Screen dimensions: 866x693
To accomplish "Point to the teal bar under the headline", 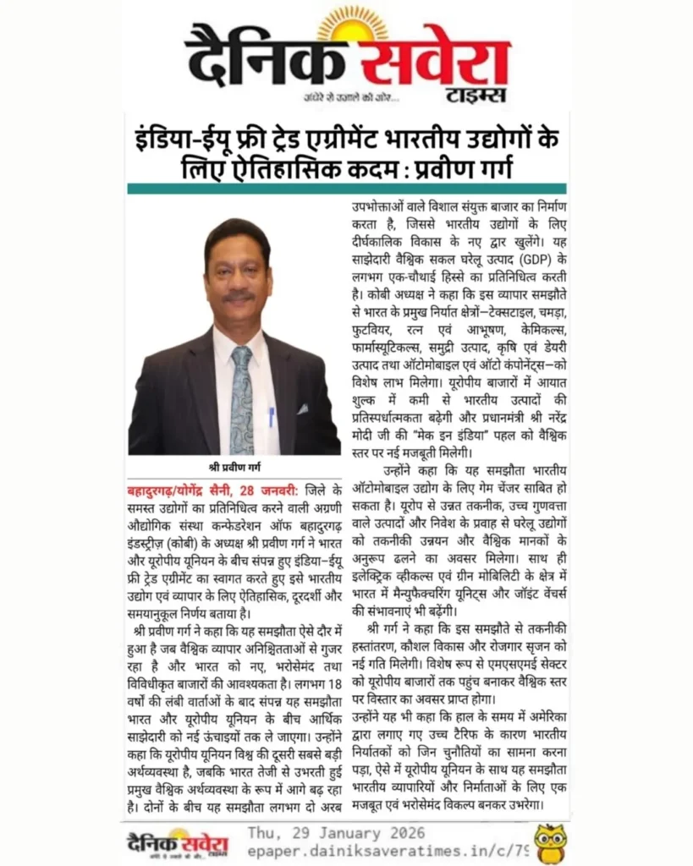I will coord(346,189).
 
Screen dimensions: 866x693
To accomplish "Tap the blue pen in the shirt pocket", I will coord(271,416).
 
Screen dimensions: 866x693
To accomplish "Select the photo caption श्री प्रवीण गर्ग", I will coord(234,467).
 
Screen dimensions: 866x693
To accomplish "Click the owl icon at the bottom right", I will coord(550,842).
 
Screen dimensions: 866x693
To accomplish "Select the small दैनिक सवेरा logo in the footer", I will coord(178,842).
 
